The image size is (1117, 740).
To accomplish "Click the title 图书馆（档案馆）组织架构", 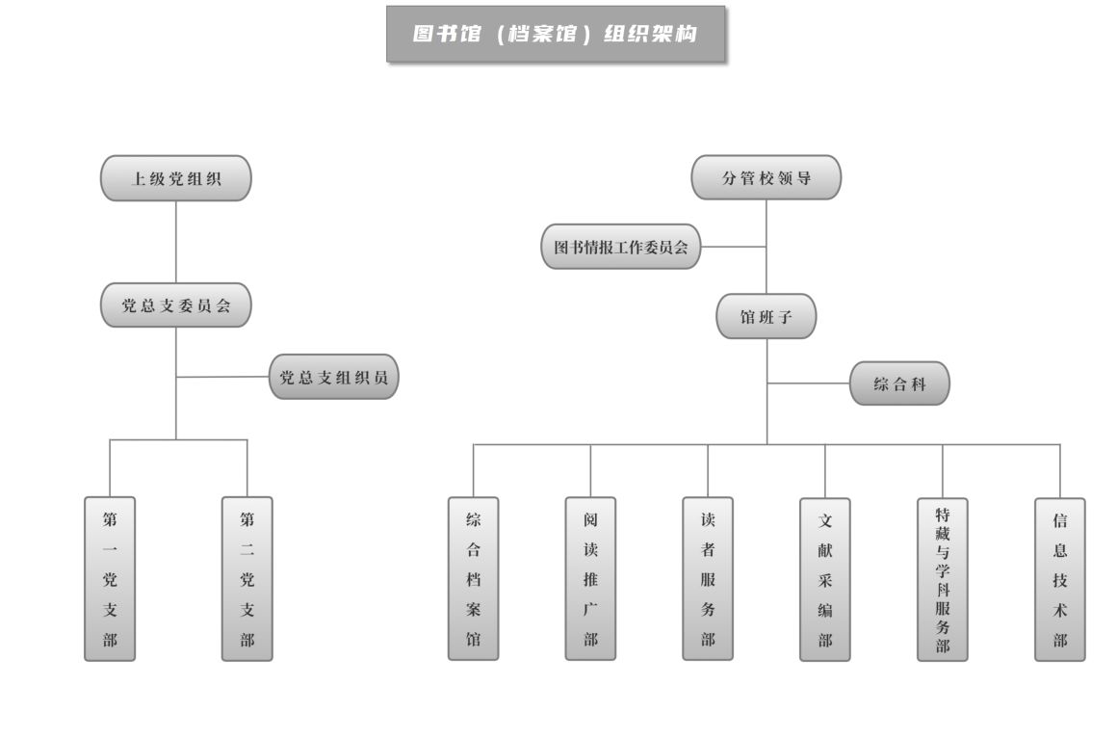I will tap(556, 35).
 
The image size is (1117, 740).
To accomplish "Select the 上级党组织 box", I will tap(176, 178).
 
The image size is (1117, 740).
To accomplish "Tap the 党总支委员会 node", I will tap(176, 305).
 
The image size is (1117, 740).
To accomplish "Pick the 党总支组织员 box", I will tap(333, 377).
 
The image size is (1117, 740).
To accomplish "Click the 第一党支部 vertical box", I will tap(110, 578).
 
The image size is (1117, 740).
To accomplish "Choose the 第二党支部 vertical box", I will tap(247, 578).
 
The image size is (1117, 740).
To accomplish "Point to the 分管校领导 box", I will tap(766, 177).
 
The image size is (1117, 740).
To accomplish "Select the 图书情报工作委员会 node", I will tap(620, 247).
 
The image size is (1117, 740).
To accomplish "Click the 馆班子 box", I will tap(766, 316).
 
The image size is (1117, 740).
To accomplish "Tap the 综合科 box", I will tap(899, 383).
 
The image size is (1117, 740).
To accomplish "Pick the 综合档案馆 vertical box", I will tap(474, 578).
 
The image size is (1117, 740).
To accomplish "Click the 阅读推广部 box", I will tap(590, 578).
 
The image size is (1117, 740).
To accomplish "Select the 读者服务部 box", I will tap(708, 578).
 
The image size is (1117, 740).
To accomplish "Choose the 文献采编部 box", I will tap(825, 578).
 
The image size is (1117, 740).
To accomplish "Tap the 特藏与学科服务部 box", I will tap(943, 578).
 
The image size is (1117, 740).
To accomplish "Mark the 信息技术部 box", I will tap(1060, 578).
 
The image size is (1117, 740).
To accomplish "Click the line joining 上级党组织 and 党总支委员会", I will tap(176, 242).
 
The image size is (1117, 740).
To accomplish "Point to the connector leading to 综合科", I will tap(808, 383).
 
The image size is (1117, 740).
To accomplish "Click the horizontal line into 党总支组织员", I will tap(222, 377).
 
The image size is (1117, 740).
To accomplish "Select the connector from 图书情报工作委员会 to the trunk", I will tap(733, 247).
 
